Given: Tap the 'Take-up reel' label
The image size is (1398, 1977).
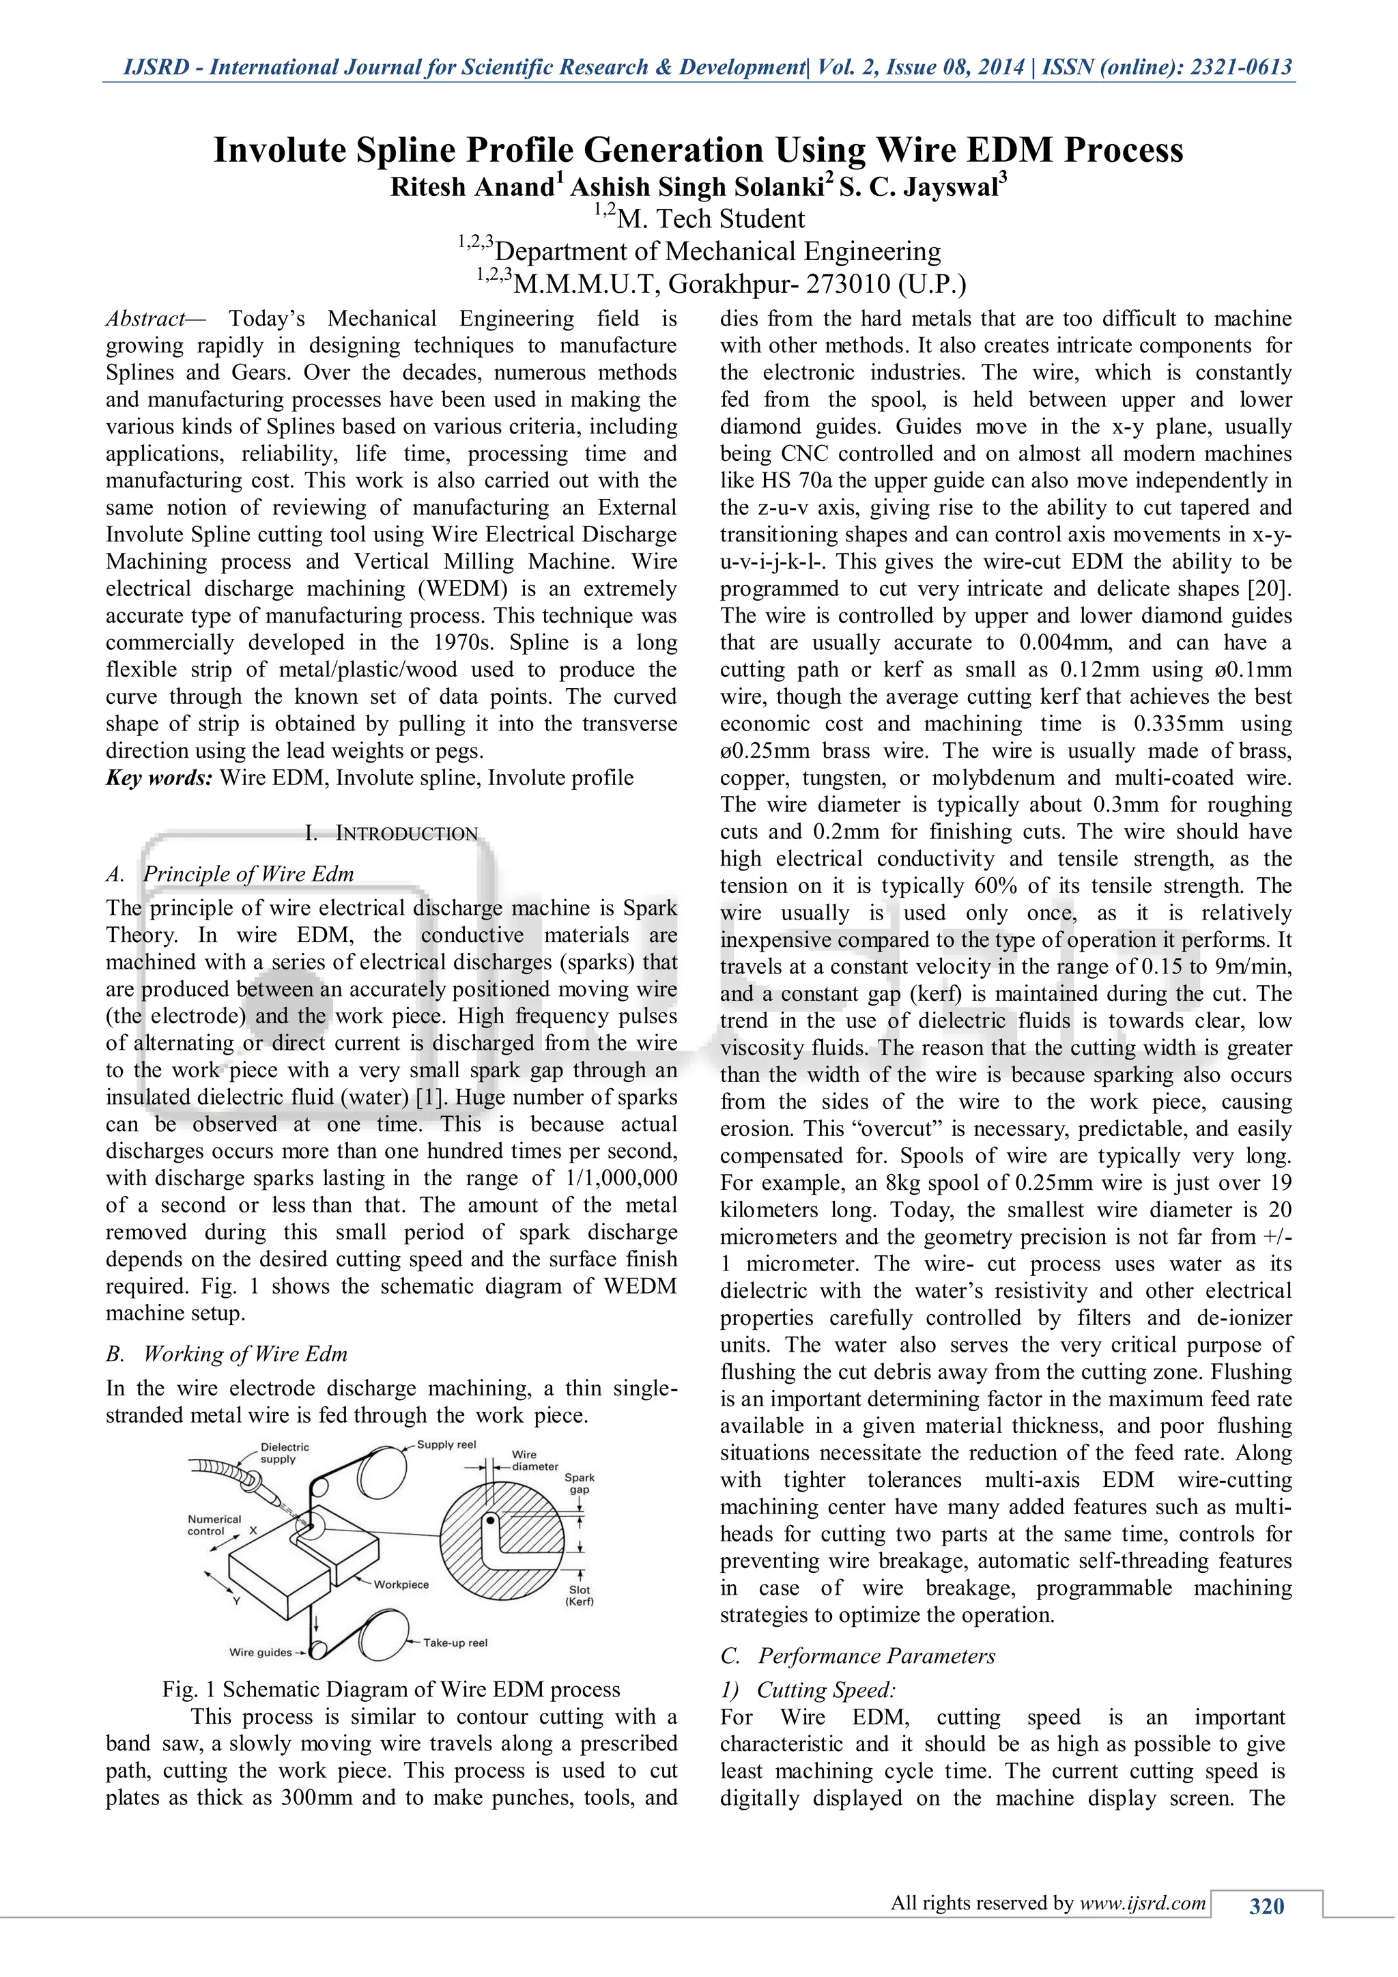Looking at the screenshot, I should [x=455, y=1642].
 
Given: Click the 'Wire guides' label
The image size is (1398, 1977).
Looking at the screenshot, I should [x=261, y=1651].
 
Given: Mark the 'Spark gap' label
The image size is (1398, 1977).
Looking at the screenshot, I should [x=580, y=1483].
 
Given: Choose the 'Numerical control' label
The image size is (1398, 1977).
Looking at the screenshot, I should [x=214, y=1525].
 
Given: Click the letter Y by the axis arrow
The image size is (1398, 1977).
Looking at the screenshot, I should [x=236, y=1601].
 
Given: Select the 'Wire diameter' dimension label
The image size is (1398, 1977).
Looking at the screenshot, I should [x=534, y=1460].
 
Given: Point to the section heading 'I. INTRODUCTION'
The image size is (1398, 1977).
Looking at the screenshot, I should [x=392, y=833].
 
